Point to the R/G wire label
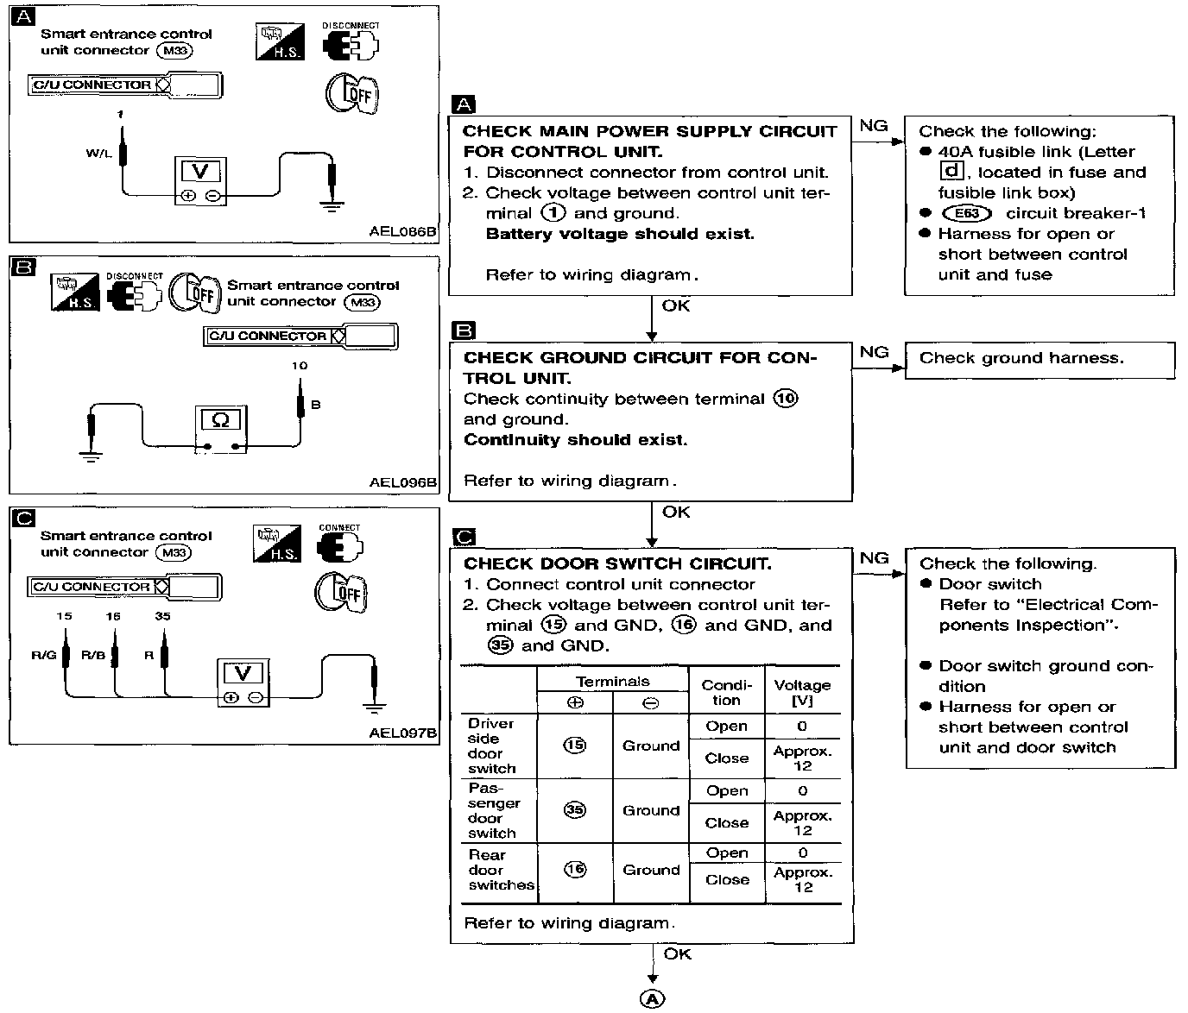(x=43, y=655)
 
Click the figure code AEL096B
(x=403, y=482)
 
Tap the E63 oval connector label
(x=967, y=213)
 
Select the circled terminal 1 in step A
(x=553, y=213)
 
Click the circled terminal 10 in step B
(x=786, y=399)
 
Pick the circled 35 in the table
(x=574, y=810)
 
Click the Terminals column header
(x=612, y=682)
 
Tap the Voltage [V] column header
(x=802, y=692)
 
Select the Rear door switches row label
(x=500, y=870)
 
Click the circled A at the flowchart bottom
(x=652, y=998)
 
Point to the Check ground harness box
(x=1039, y=359)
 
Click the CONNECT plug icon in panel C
(x=340, y=546)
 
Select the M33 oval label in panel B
(x=361, y=302)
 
